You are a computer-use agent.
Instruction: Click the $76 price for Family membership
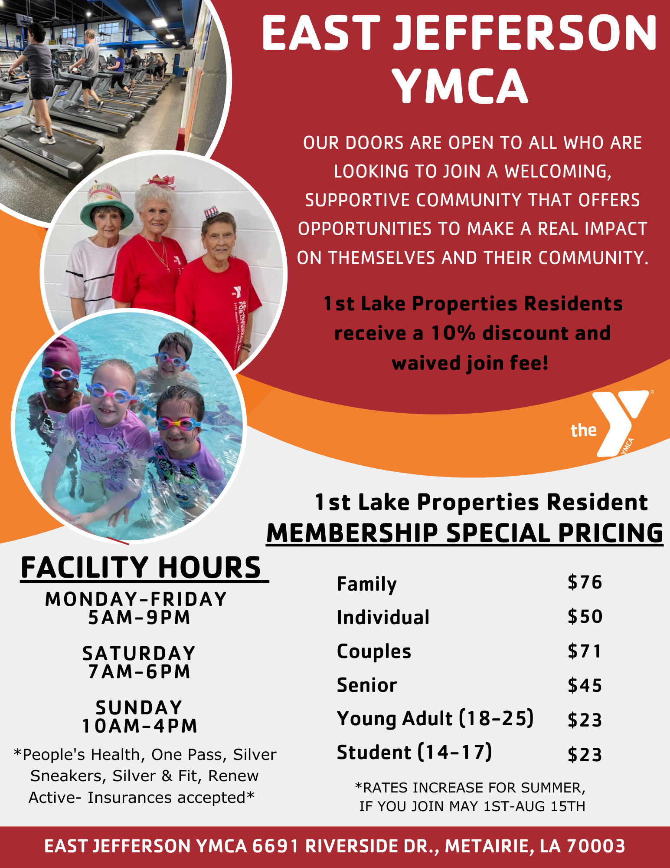point(585,582)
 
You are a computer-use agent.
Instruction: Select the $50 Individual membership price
point(585,617)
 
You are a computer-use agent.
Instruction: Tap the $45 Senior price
point(585,685)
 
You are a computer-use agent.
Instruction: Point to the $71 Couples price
point(585,651)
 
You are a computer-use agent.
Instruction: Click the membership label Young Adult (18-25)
point(435,719)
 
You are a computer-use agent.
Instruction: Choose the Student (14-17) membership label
point(415,753)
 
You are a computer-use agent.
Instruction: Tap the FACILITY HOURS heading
point(141,568)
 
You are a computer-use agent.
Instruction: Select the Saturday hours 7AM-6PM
point(139,672)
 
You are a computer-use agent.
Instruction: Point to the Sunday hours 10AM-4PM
point(140,726)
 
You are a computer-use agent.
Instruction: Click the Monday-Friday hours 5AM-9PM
point(139,618)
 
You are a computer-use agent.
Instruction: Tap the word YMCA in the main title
point(460,86)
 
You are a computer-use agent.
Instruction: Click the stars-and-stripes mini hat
point(211,213)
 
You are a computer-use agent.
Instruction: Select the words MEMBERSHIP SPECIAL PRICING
point(464,533)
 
